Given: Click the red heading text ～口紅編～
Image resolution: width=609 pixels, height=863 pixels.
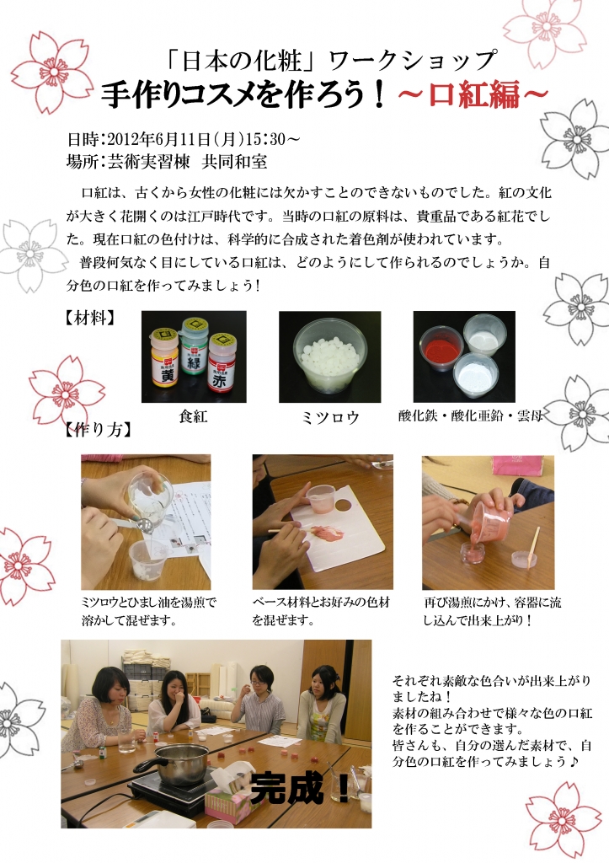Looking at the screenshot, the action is coord(473,94).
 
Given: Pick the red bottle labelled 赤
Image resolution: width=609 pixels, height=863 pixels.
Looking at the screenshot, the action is coord(222,362).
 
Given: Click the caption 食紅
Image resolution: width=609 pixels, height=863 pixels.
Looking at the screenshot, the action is coord(193,416).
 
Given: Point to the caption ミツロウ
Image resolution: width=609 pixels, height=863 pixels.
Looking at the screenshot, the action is coord(330,418).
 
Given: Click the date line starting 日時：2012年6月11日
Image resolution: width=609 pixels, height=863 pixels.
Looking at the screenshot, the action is coord(184,139).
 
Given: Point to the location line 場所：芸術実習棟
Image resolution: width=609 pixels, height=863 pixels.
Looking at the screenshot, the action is coord(167,161).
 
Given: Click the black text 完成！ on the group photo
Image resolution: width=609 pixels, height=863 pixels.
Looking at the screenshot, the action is coord(301,789).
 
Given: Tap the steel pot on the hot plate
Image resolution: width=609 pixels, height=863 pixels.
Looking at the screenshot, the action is coord(175,763).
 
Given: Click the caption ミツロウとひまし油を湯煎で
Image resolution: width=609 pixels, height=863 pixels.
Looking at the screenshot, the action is coord(148,602).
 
